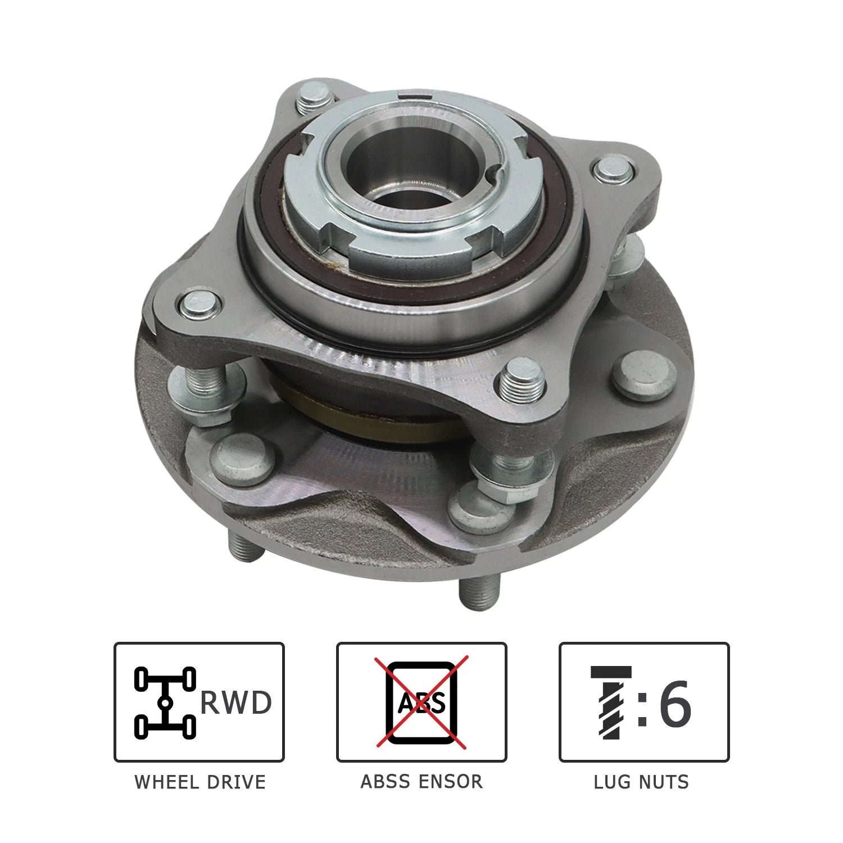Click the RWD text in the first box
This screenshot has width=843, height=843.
pos(236,703)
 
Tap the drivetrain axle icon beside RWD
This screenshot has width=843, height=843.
pos(165,703)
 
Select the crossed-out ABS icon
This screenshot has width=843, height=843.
pos(422,703)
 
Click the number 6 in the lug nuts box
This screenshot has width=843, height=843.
pos(674,703)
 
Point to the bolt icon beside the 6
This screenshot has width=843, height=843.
pos(610,703)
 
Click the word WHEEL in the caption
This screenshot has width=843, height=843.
pos(167,782)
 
